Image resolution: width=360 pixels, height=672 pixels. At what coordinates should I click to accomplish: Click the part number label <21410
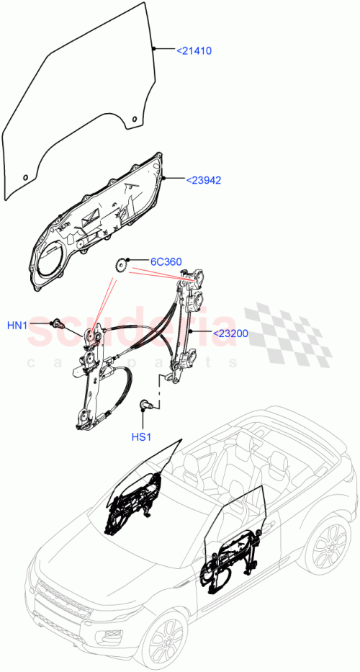coord(194,51)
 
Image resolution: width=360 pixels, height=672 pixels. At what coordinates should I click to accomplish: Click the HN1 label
coord(17,326)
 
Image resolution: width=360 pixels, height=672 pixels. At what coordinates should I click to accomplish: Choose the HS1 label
coord(142,437)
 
